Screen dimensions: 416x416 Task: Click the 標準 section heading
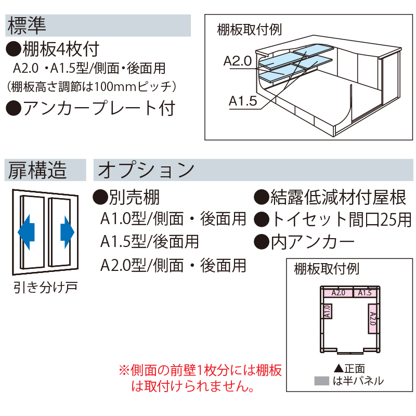(x=27, y=25)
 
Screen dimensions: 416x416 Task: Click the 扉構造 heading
(x=37, y=170)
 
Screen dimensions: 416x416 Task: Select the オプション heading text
(x=146, y=170)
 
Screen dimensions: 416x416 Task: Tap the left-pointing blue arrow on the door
(x=27, y=232)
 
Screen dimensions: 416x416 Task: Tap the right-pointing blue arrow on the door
(x=68, y=232)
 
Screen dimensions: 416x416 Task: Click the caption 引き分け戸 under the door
(x=45, y=288)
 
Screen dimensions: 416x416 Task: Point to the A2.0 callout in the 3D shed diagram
(x=238, y=61)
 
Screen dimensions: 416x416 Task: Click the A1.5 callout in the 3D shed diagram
(x=243, y=101)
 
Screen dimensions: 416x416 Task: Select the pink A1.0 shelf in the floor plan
(x=328, y=311)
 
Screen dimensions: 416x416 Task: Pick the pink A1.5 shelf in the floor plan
(x=365, y=293)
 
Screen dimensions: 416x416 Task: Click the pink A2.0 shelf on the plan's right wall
(x=372, y=319)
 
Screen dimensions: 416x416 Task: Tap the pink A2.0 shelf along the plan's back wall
(x=339, y=293)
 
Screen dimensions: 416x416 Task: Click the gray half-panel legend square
(x=321, y=381)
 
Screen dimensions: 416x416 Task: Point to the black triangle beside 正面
(x=339, y=368)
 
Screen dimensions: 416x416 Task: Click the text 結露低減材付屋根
(x=338, y=198)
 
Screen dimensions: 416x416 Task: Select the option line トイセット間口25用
(x=341, y=219)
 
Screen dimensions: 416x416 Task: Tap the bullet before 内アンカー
(x=262, y=242)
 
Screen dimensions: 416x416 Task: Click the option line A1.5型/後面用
(x=149, y=242)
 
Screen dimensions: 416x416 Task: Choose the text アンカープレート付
(x=99, y=108)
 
